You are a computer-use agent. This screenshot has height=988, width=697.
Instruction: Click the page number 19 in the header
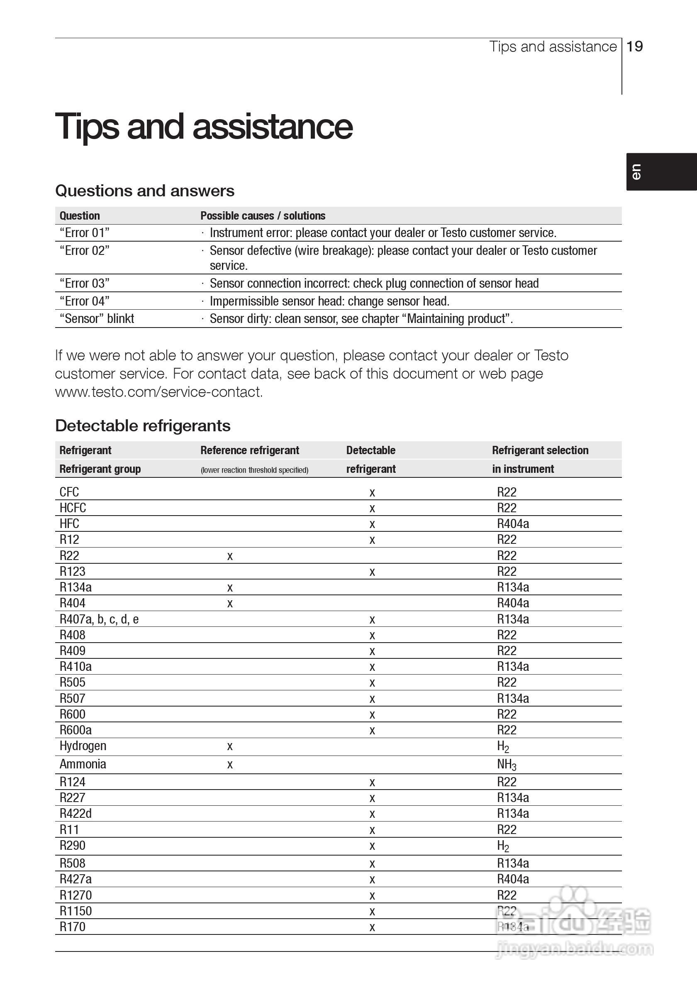click(635, 46)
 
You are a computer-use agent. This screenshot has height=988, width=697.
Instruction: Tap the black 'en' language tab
click(661, 172)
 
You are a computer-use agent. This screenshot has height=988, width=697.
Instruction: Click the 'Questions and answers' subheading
click(144, 191)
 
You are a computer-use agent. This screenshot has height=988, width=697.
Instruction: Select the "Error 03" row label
click(84, 283)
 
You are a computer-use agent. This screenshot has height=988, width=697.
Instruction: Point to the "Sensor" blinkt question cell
click(97, 318)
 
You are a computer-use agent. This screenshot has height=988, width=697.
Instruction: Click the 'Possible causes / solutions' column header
click(263, 215)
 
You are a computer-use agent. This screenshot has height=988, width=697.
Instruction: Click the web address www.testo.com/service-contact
click(158, 392)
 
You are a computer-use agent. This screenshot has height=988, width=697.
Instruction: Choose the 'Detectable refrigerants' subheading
click(143, 426)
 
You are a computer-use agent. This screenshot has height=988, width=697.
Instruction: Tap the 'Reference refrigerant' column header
click(249, 450)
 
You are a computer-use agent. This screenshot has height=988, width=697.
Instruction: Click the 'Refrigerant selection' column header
click(540, 450)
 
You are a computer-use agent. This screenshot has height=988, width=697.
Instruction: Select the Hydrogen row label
click(83, 746)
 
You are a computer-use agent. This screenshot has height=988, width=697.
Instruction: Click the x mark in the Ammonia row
click(230, 765)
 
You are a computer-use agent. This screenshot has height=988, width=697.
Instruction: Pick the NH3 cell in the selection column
click(507, 765)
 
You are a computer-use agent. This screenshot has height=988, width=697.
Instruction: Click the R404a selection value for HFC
click(513, 524)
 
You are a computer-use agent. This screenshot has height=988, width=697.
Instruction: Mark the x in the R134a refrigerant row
click(230, 588)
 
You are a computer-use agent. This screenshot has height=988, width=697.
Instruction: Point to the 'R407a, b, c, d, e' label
click(99, 619)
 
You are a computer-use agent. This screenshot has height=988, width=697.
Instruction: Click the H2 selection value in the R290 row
click(503, 846)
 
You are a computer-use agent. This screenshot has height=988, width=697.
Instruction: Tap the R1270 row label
click(76, 895)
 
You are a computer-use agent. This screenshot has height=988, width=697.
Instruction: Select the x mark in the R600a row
click(373, 730)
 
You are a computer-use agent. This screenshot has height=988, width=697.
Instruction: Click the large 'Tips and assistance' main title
click(204, 127)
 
